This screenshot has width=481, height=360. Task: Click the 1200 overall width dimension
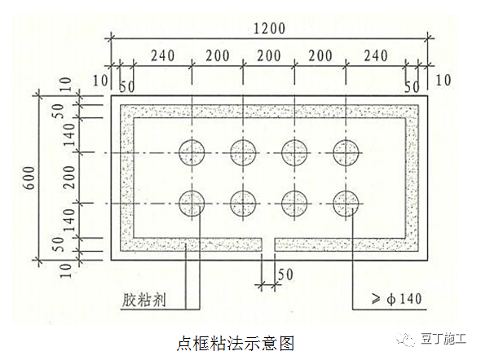click(270, 29)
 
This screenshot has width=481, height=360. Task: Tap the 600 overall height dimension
click(29, 178)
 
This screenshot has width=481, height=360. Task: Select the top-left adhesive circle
click(192, 152)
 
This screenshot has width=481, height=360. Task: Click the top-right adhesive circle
click(346, 152)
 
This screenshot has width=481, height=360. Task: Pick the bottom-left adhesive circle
click(192, 204)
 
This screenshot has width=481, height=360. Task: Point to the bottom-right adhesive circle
click(346, 204)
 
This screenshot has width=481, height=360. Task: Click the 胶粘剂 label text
click(143, 300)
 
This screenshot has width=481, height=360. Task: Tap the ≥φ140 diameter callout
click(397, 299)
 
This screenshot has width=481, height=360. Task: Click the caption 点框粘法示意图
click(236, 343)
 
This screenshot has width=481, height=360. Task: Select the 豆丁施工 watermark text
click(443, 339)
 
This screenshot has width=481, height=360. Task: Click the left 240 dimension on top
click(162, 56)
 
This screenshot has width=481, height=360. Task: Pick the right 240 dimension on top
click(376, 56)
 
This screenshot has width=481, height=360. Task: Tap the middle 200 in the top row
click(269, 56)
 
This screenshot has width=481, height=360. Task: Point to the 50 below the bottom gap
click(285, 274)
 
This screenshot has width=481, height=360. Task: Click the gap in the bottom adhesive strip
click(268, 244)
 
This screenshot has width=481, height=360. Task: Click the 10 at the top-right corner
click(443, 81)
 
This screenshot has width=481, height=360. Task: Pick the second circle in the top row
click(243, 152)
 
